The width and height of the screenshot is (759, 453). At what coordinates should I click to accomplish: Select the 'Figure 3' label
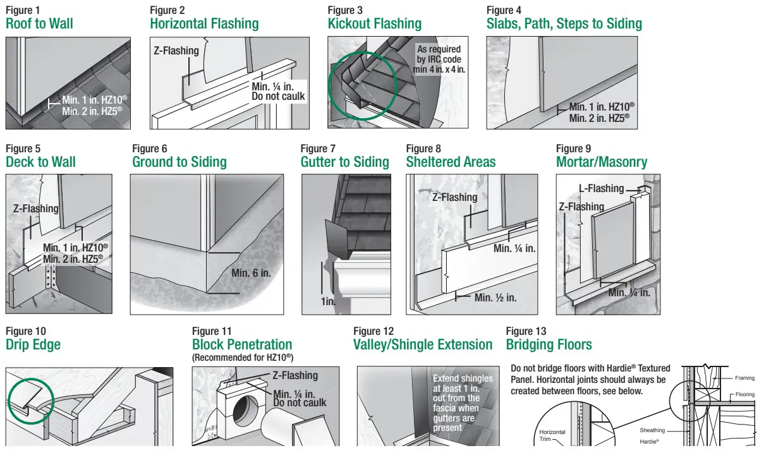click(x=345, y=10)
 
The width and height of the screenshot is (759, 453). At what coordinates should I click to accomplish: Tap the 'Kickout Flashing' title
click(x=374, y=24)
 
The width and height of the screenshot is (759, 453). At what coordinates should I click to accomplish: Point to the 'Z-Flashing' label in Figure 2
click(x=176, y=51)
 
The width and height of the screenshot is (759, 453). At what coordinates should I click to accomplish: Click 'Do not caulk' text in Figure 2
click(x=278, y=97)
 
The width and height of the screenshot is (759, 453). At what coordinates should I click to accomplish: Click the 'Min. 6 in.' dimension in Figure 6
click(x=251, y=273)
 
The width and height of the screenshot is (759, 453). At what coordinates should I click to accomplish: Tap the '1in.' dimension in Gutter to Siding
click(x=329, y=302)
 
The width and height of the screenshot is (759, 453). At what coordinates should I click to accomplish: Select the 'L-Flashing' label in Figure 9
click(x=601, y=188)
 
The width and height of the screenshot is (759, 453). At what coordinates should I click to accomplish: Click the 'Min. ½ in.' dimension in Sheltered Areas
click(x=495, y=298)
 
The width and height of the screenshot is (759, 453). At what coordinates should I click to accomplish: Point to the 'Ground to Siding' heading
click(x=179, y=162)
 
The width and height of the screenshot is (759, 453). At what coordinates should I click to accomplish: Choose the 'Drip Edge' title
click(x=33, y=345)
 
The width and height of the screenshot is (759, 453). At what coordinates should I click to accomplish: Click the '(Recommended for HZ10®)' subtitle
click(x=243, y=358)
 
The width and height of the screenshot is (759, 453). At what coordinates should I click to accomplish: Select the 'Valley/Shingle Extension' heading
click(x=423, y=345)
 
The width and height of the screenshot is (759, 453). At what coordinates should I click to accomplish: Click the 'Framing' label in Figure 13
click(x=744, y=378)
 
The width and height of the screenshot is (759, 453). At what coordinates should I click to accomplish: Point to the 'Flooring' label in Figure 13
click(x=744, y=395)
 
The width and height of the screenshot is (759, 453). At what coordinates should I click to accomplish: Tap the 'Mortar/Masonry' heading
click(x=602, y=162)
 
